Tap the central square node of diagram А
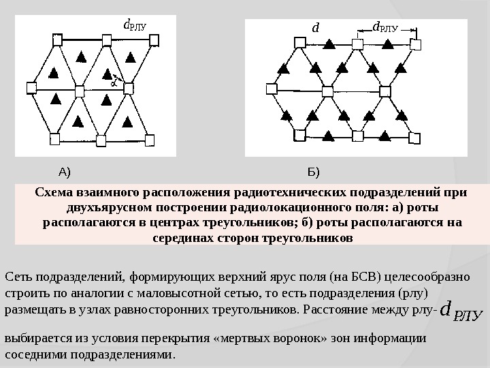point(80,91)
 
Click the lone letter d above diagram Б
point(315,29)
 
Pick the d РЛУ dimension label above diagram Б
point(385,28)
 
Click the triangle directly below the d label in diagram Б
point(329,45)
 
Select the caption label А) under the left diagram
point(65,170)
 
